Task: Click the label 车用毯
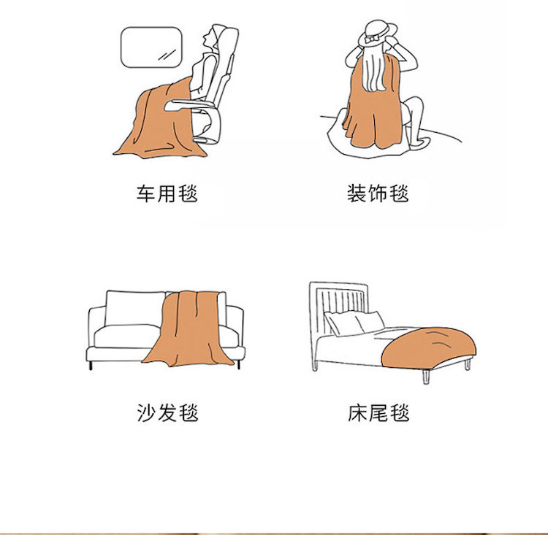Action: click(x=167, y=193)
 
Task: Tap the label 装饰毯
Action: click(x=378, y=193)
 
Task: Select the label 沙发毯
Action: click(x=167, y=413)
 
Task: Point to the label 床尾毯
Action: click(x=378, y=413)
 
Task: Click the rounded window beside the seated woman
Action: click(x=152, y=47)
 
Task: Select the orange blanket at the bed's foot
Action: click(x=428, y=347)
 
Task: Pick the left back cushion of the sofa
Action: click(x=135, y=308)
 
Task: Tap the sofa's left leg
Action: click(x=91, y=365)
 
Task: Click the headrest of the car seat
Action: click(x=227, y=39)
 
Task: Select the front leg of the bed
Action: click(x=426, y=377)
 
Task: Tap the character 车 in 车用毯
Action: click(x=145, y=193)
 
